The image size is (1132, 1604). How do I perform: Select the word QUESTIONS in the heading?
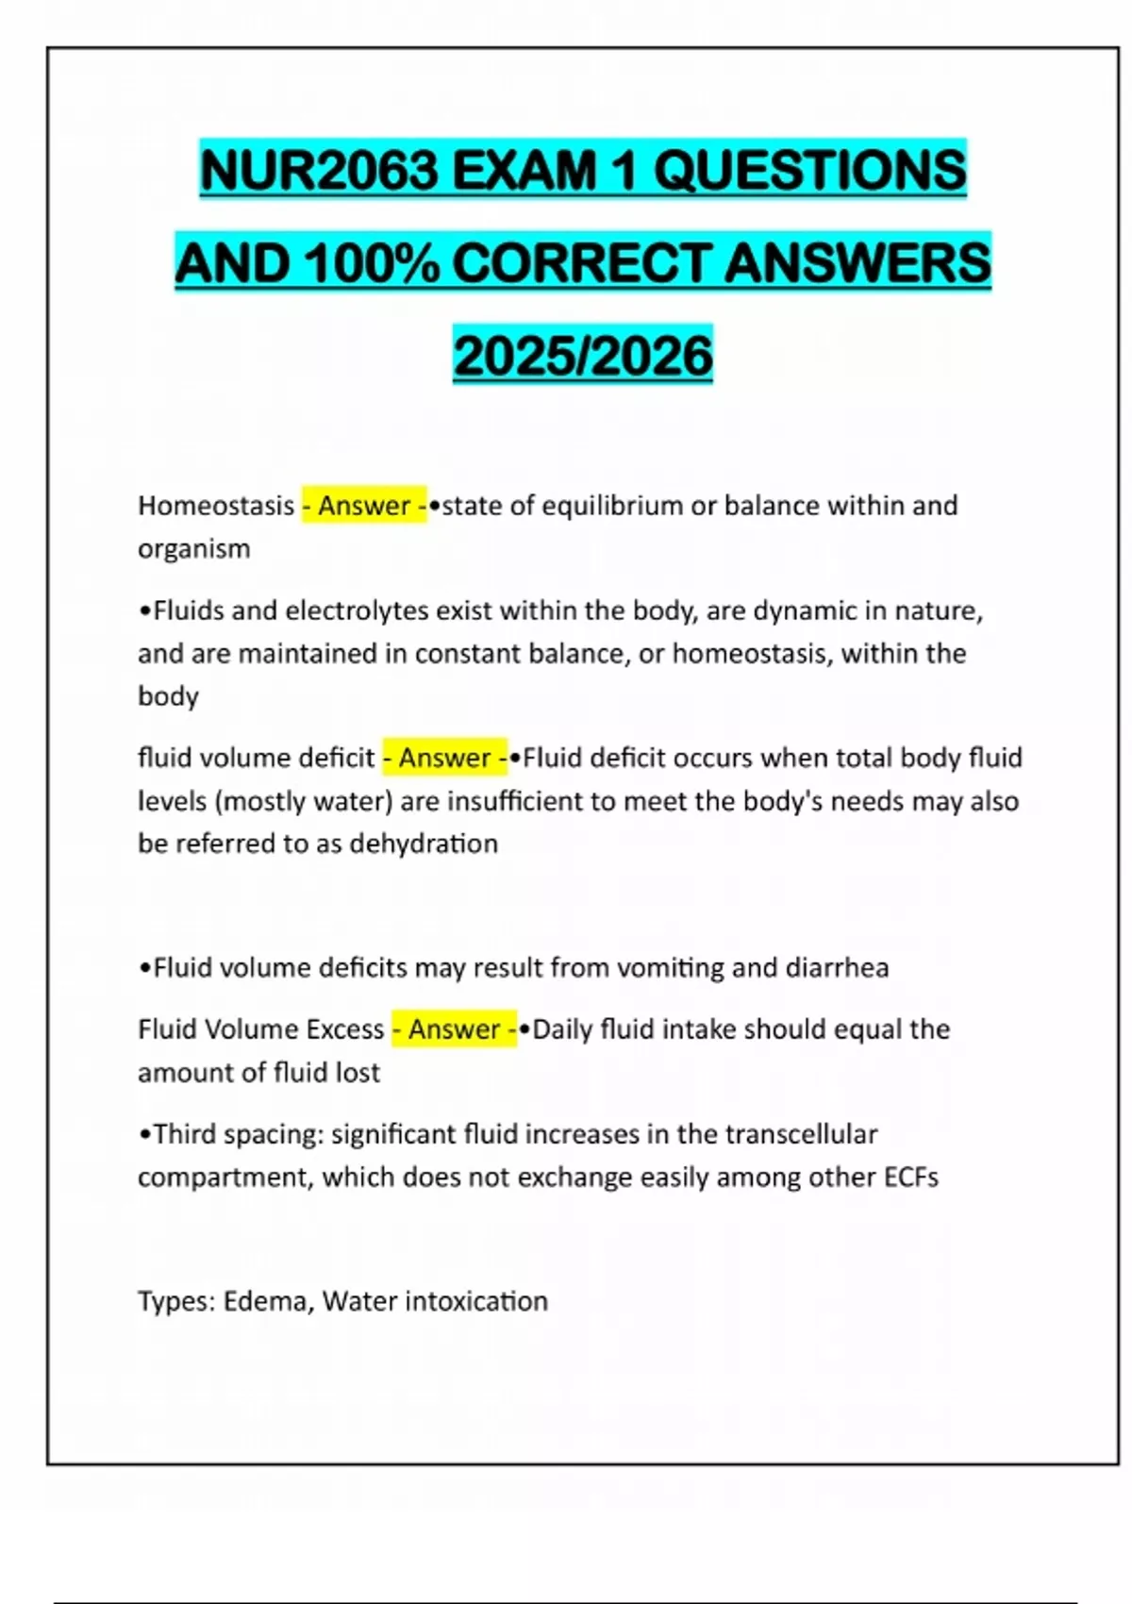809,171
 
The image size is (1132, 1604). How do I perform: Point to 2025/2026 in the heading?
583,356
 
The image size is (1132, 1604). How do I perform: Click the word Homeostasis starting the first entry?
216,506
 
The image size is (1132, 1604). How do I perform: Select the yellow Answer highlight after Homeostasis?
364,506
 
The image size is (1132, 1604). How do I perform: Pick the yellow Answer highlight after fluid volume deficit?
445,758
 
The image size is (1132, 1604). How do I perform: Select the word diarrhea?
838,967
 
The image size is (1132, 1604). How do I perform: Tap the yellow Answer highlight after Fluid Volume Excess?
454,1028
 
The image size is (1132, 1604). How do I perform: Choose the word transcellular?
800,1133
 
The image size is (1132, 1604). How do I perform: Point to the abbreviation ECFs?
910,1177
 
